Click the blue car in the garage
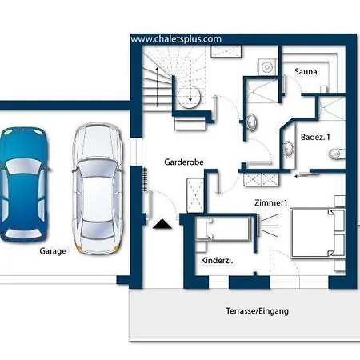(24, 185)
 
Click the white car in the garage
(98, 188)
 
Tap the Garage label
(53, 251)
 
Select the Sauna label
(306, 71)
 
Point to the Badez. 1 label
(315, 137)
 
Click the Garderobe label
(184, 162)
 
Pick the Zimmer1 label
(271, 203)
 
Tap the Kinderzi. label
(217, 261)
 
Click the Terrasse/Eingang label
(257, 311)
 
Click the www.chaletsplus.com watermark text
(176, 39)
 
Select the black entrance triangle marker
(162, 224)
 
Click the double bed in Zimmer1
(318, 234)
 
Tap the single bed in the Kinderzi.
(223, 229)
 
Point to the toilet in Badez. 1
(337, 154)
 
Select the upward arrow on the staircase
(158, 86)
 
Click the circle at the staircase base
(189, 97)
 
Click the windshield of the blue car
(23, 166)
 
